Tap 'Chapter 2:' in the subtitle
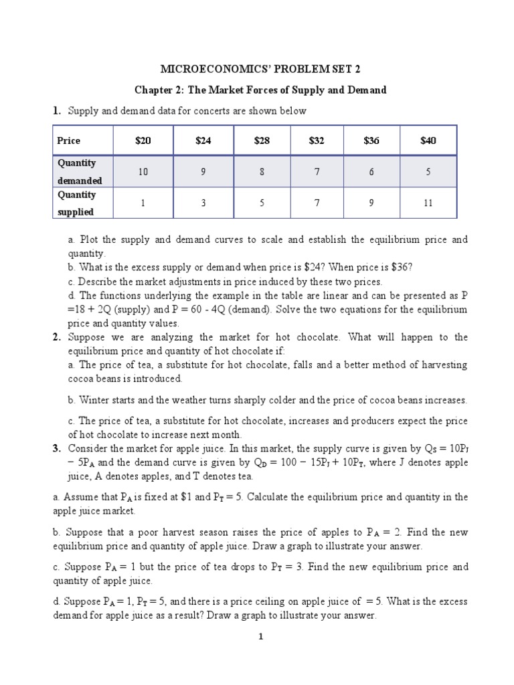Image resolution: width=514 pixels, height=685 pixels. pyautogui.click(x=158, y=90)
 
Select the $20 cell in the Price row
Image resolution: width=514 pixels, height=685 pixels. pyautogui.click(x=143, y=140)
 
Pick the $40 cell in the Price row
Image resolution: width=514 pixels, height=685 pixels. pyautogui.click(x=428, y=140)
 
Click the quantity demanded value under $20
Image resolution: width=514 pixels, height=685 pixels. pyautogui.click(x=143, y=172)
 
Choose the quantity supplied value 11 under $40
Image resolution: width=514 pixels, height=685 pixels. pyautogui.click(x=428, y=203)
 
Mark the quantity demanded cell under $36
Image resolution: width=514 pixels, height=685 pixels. pyautogui.click(x=371, y=172)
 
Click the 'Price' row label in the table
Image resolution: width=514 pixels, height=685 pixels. pyautogui.click(x=68, y=140)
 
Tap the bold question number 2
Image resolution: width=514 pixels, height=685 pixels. pyautogui.click(x=56, y=337)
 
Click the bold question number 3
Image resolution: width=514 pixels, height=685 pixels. pyautogui.click(x=56, y=448)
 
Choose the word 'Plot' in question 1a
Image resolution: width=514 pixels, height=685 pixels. pyautogui.click(x=89, y=239)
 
